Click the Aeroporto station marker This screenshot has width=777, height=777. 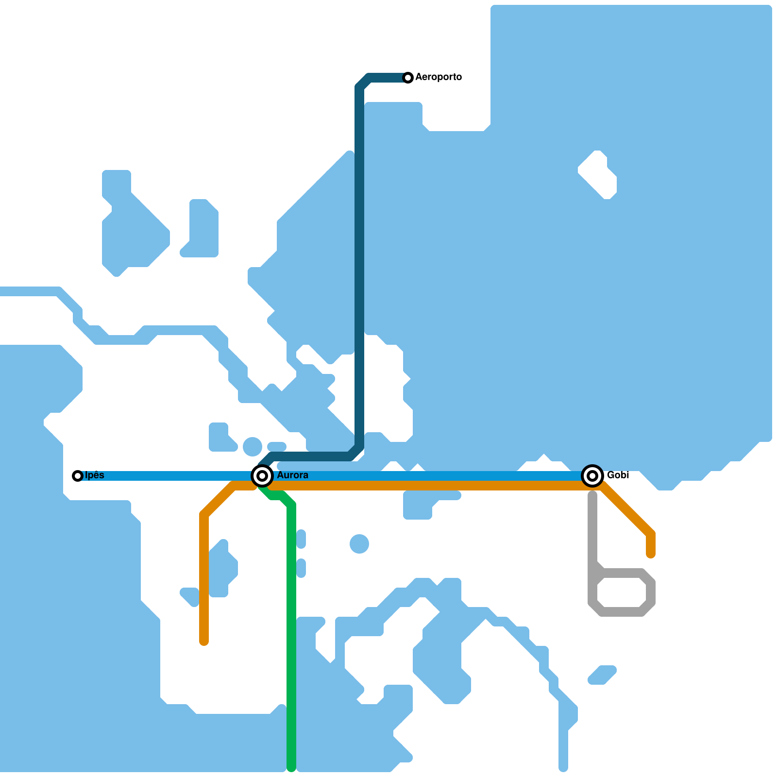[x=408, y=78]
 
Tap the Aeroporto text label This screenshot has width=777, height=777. [x=439, y=77]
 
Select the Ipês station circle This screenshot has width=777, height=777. [x=77, y=476]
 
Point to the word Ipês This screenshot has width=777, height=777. [x=95, y=475]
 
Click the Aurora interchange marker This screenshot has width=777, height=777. [x=262, y=476]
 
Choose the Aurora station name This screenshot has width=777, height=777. [x=292, y=475]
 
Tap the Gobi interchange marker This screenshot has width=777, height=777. [x=592, y=476]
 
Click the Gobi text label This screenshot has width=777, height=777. [x=618, y=475]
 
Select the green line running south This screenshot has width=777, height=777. [x=291, y=631]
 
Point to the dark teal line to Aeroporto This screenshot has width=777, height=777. [x=359, y=267]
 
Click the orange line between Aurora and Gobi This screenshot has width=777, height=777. [x=427, y=486]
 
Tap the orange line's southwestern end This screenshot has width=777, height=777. [x=204, y=641]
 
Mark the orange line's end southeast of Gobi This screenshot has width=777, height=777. [x=651, y=554]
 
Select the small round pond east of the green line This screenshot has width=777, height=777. [x=359, y=544]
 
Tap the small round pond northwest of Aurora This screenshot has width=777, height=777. [x=253, y=447]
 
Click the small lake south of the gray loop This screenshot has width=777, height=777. [x=602, y=675]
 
